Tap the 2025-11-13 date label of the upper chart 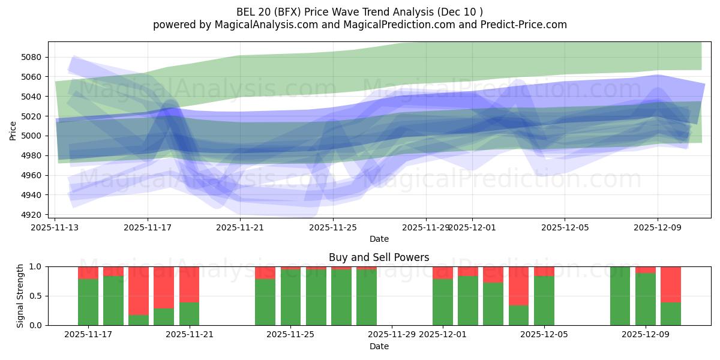click(x=55, y=227)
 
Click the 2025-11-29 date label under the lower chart click(x=392, y=335)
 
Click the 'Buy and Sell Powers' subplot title click(x=379, y=258)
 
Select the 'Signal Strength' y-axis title click(x=20, y=295)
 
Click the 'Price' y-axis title click(x=13, y=130)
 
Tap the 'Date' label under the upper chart click(x=379, y=239)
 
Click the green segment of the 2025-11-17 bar click(x=88, y=302)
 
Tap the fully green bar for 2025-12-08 click(x=620, y=296)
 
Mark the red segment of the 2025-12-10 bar click(x=671, y=284)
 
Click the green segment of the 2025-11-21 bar click(x=189, y=313)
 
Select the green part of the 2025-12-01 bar click(x=443, y=302)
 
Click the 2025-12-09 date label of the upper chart click(x=658, y=227)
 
